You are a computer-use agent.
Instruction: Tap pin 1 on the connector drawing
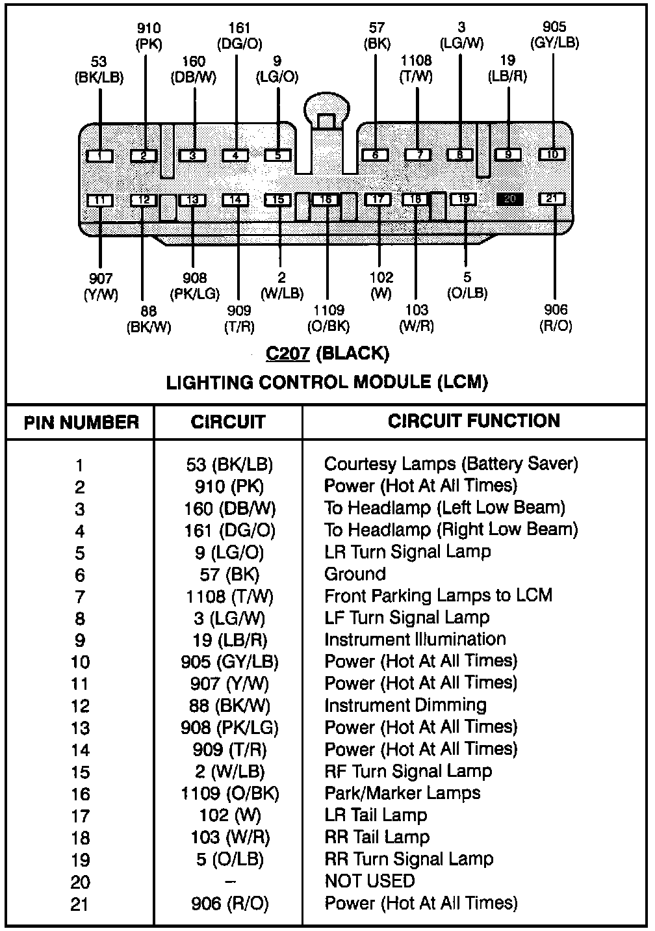click(99, 156)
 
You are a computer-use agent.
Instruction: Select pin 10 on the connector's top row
click(552, 155)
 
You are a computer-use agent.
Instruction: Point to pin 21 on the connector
click(552, 199)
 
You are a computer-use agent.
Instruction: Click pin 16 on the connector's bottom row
click(326, 200)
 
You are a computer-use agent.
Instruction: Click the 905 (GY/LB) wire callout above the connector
click(554, 35)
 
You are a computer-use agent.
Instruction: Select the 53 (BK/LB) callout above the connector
click(99, 70)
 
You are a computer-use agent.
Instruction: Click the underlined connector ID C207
click(289, 353)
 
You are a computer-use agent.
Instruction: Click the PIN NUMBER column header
click(81, 422)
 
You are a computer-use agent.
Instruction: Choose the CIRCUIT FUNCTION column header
click(474, 421)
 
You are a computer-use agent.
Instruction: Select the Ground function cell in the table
click(355, 574)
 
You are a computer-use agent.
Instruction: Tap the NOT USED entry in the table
click(370, 881)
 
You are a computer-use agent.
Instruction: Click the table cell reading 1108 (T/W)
click(229, 596)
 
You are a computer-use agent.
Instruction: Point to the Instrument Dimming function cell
click(405, 705)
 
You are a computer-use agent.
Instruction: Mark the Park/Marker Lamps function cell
click(402, 793)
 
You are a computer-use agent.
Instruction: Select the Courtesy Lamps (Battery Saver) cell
click(451, 464)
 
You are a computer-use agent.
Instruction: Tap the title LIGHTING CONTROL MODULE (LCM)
click(327, 382)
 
